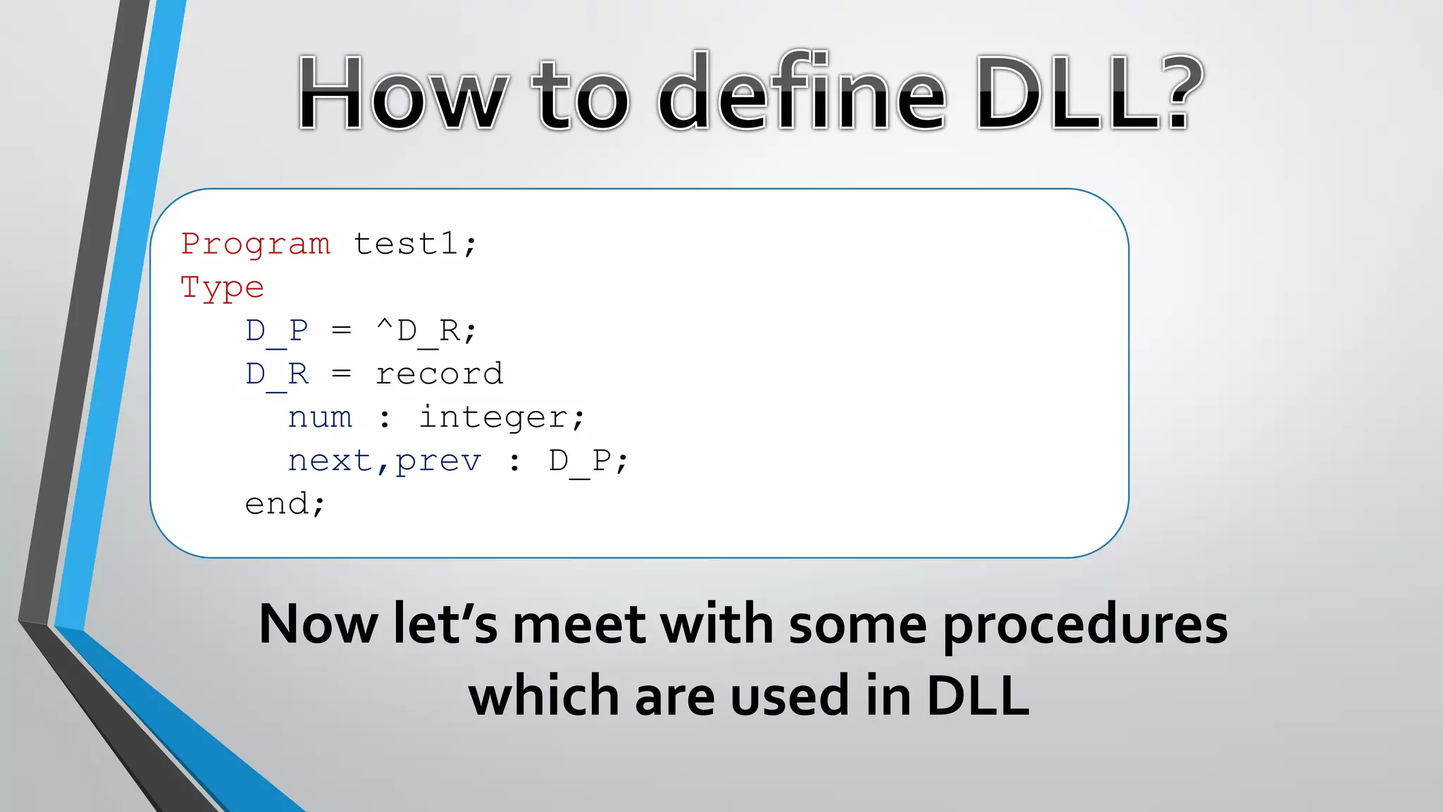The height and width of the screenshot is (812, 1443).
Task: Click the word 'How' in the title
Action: pos(401,94)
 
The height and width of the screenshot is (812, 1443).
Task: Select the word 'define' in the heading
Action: pos(803,94)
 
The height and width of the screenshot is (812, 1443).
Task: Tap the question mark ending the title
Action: pos(1179,92)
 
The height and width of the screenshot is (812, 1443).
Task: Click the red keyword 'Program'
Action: pos(255,245)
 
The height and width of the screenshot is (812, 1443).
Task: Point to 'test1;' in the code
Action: pos(414,245)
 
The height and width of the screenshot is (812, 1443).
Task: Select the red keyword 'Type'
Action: pos(222,288)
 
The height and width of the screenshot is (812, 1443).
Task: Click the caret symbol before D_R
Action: pos(385,326)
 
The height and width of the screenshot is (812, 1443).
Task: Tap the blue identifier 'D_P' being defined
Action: pos(277,331)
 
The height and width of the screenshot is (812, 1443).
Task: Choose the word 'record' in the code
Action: pos(439,374)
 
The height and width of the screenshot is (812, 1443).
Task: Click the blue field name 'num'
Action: pos(320,418)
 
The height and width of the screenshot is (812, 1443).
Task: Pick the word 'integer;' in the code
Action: pos(502,418)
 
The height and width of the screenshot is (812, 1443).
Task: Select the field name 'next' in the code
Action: pos(330,461)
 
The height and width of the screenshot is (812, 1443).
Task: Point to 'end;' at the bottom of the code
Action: pos(285,505)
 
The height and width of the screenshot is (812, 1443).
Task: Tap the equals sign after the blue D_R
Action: pos(342,374)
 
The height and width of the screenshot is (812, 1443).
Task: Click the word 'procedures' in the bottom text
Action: pos(1085,626)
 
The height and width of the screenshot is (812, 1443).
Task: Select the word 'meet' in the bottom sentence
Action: pos(578,625)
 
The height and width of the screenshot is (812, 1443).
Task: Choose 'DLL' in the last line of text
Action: pos(977,696)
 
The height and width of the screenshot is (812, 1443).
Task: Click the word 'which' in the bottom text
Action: pos(543,695)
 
